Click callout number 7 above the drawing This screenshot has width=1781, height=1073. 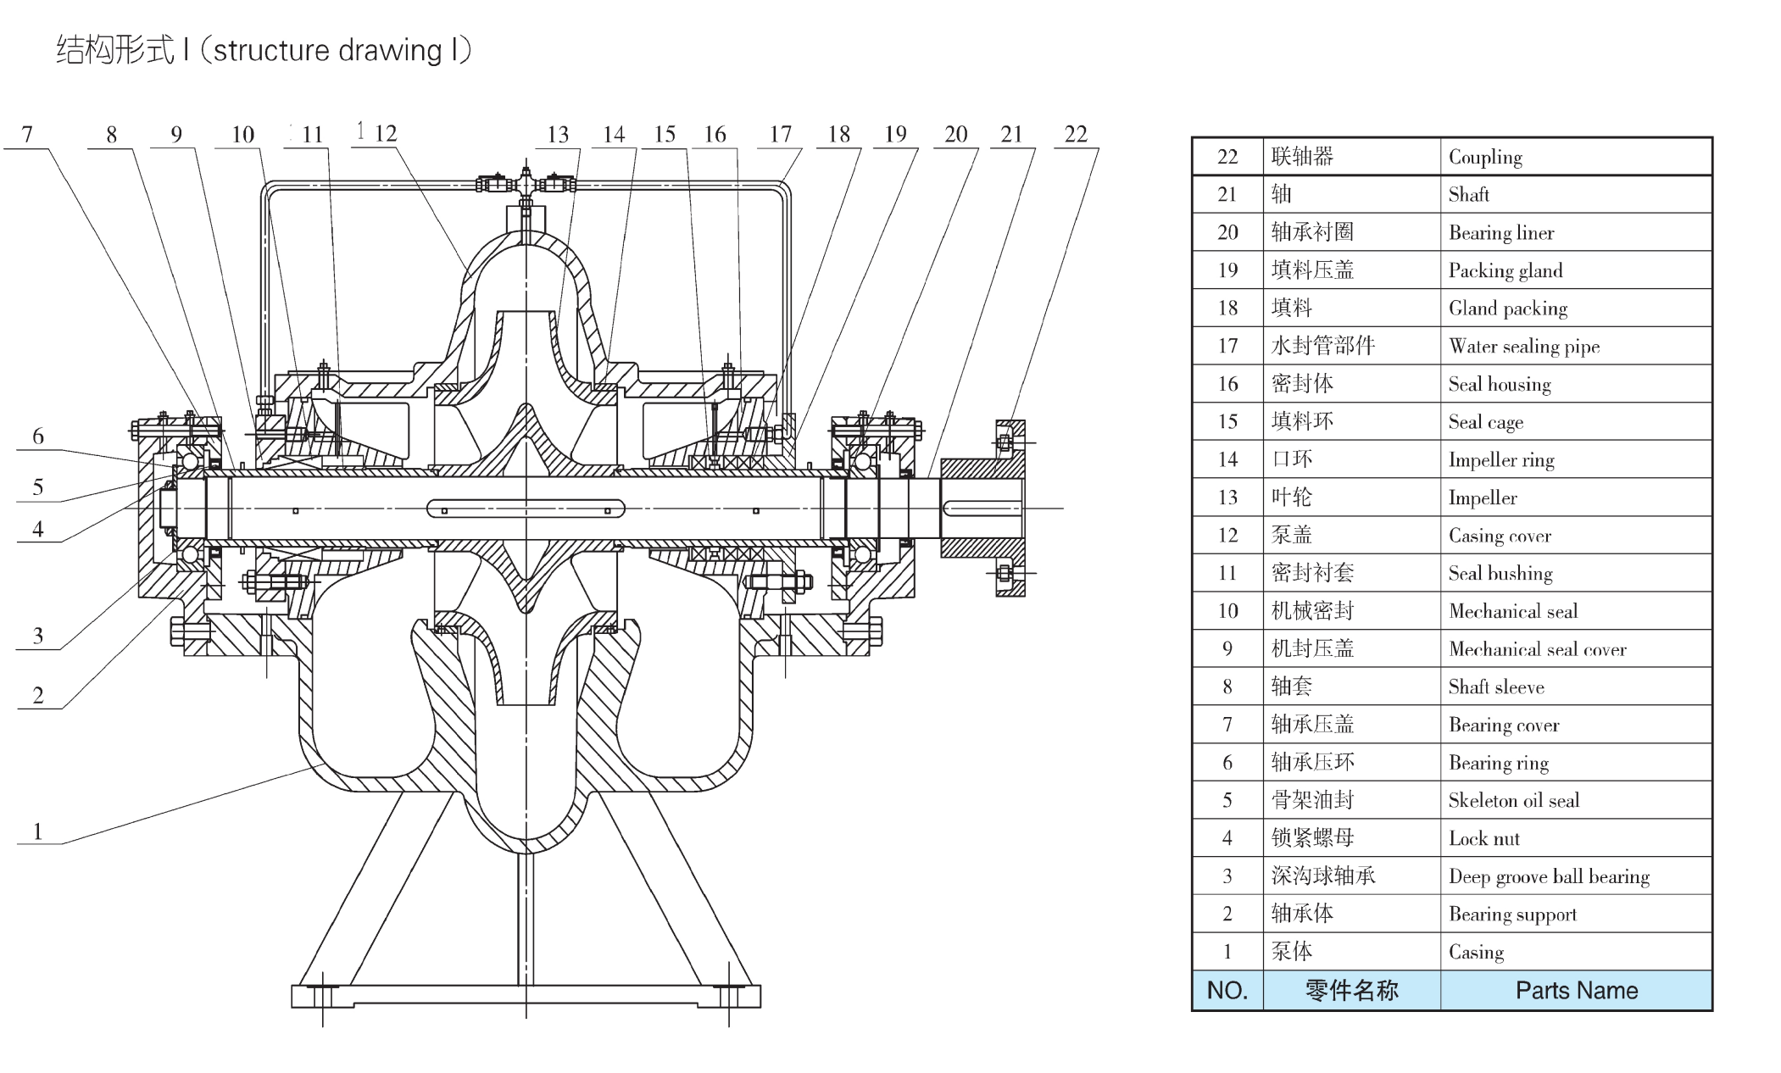[27, 135]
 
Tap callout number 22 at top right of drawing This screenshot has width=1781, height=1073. [1075, 134]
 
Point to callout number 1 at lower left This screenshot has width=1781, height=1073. [37, 831]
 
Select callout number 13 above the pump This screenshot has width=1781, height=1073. [557, 135]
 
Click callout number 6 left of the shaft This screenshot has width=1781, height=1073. [37, 436]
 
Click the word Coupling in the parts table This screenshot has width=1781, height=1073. [1485, 157]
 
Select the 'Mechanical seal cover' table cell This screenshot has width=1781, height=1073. [1537, 649]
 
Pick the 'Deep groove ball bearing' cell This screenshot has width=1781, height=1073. [1549, 876]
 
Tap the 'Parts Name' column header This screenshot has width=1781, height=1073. [1576, 990]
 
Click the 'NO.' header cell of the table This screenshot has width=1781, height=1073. [1227, 990]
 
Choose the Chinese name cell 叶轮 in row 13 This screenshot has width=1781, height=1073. [1292, 498]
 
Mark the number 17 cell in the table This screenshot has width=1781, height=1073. [1227, 346]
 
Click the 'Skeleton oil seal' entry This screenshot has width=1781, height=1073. [1513, 801]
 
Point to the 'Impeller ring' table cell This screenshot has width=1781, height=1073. [1500, 460]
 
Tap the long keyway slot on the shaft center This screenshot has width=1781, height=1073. [526, 509]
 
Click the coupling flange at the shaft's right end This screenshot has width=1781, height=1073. [1009, 509]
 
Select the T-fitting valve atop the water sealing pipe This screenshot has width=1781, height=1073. [526, 183]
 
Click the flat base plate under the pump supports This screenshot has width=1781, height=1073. [526, 996]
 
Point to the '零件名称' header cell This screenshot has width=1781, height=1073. [1351, 990]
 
